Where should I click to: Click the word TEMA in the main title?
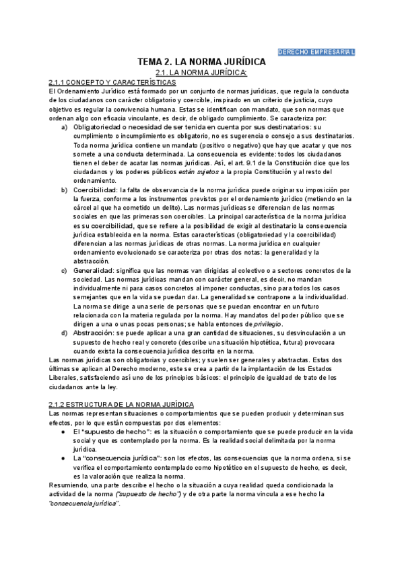150,62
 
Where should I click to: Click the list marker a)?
64,127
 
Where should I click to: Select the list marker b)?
64,190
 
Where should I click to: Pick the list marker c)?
64,270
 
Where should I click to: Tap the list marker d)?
64,333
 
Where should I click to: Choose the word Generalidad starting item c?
92,270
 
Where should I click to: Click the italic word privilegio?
267,324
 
